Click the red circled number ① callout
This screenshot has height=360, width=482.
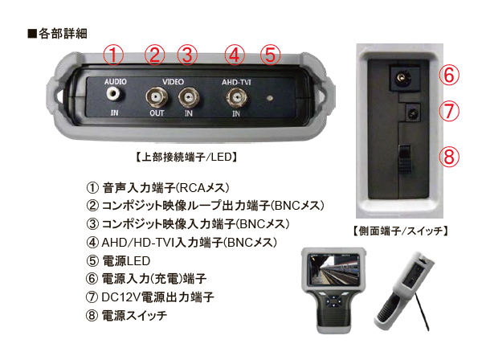coord(115,55)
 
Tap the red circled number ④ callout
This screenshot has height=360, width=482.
coord(235,55)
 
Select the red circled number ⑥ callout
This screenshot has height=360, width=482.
coord(451,76)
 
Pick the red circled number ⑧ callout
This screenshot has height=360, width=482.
coord(451,155)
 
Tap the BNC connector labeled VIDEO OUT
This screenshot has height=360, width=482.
coord(156,99)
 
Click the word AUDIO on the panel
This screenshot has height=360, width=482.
coord(116,82)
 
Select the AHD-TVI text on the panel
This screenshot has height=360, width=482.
coord(236,82)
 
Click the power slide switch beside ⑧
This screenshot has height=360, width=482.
coord(407,154)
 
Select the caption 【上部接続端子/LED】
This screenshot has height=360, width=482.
coord(186,155)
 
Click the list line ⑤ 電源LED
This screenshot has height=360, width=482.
coord(128,260)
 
